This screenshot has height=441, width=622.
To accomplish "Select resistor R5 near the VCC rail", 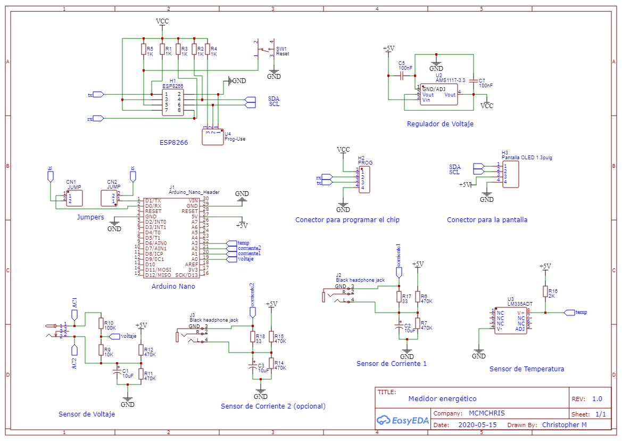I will coord(143,50).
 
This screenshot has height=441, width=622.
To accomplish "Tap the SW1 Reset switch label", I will coord(283,51).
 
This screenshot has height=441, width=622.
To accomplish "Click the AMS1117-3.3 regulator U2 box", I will coord(439,94).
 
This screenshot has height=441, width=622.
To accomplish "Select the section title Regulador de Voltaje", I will coord(440,124).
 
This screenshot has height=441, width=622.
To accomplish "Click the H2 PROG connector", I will coord(364,179).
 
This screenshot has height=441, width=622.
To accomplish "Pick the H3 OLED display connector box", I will coord(510,174).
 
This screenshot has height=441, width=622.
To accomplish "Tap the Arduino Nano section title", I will coord(173,287).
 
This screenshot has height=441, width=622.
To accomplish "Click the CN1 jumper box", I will coord(74,198).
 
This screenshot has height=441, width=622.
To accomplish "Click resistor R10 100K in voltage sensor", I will coord(101,323).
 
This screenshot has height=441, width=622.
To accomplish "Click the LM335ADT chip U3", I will coord(510,321).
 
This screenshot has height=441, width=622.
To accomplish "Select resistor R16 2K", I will coord(545,291).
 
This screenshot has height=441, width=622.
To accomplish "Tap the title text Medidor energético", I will coord(442,399).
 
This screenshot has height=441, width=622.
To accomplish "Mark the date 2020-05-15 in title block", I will coord(477,425).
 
